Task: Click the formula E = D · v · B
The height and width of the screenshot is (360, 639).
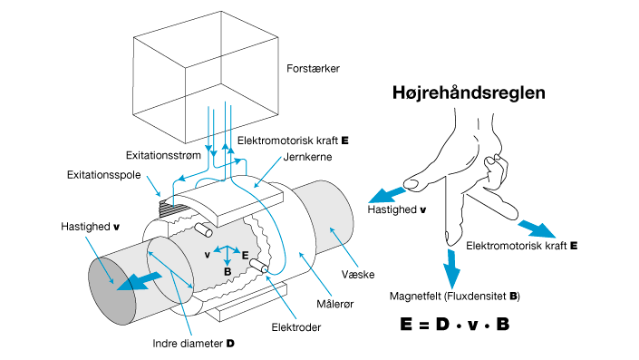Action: coord(454,322)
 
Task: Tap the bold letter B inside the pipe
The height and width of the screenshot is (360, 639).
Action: coord(227,270)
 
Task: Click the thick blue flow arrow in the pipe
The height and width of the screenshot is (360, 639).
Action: coord(135,277)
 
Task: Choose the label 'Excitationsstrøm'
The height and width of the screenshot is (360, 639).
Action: coord(163,154)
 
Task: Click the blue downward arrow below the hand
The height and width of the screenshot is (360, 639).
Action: coord(453,266)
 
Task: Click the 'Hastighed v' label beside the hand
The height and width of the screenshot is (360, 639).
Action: coord(398,209)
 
